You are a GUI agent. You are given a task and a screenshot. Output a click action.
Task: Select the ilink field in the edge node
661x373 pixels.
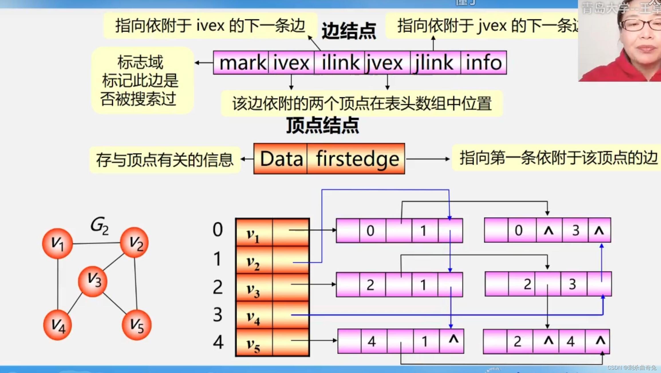point(340,63)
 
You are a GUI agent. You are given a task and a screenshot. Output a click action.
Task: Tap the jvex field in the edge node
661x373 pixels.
point(385,63)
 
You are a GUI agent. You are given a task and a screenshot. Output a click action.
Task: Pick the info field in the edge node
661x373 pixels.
point(484,63)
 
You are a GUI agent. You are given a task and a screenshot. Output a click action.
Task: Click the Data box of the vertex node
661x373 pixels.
point(281,159)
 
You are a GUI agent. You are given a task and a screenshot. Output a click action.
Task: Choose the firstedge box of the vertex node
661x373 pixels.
point(357,159)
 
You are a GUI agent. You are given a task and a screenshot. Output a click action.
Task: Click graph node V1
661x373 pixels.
point(58,244)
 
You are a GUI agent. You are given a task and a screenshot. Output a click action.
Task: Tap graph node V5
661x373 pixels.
point(137,325)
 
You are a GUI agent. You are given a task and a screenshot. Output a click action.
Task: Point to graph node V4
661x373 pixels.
point(58,325)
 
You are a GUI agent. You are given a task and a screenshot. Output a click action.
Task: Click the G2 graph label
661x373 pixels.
point(99,225)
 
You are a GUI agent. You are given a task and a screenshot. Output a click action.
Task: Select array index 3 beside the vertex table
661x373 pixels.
point(218,315)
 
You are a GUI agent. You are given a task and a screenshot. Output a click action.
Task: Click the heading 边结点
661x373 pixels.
point(349,31)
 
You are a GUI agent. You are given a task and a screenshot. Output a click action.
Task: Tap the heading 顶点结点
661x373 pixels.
point(323,125)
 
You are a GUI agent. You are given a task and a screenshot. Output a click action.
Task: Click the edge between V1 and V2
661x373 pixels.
point(96,243)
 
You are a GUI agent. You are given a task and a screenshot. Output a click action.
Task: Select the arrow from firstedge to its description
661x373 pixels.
point(428,159)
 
